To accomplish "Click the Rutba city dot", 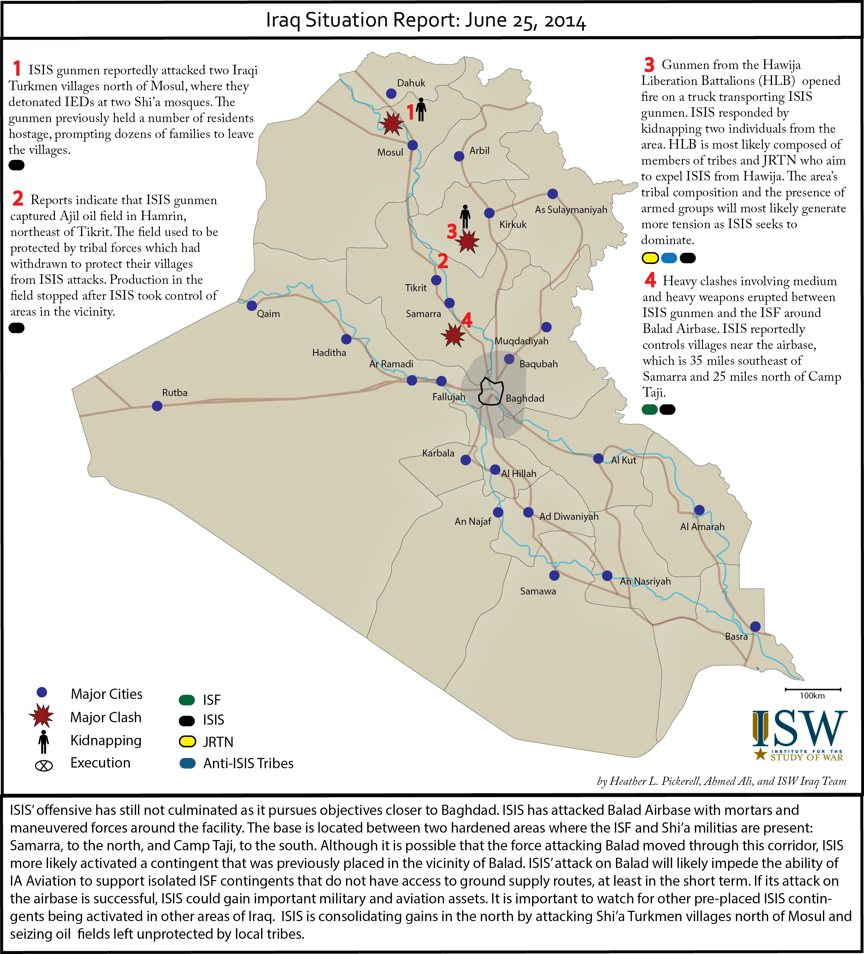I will pos(157,406).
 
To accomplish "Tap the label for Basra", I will pos(736,637).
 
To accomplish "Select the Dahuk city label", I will pos(411,83).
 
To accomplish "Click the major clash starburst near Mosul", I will pos(392,123).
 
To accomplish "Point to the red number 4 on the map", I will pos(467,320).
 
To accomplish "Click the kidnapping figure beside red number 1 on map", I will pos(421,110).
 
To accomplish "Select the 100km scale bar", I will pos(813,689).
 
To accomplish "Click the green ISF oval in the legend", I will pos(187,700).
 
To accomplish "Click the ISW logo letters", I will pos(800,728).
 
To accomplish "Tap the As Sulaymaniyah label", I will pos(571,209).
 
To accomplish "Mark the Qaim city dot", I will pos(252,305).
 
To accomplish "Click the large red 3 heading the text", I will pos(649,64).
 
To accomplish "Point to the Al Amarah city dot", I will pos(699,510).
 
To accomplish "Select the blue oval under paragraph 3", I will pos(669,258).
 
